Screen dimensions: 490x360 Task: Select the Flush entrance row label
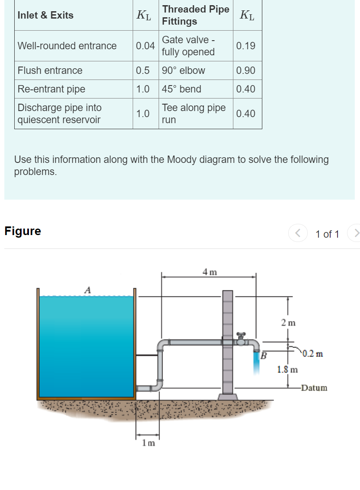pos(50,70)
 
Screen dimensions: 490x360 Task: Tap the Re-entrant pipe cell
pos(51,89)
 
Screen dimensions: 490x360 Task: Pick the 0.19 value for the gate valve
pos(246,46)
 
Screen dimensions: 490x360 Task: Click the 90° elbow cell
pos(184,70)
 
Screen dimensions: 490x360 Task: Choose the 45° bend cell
pos(182,89)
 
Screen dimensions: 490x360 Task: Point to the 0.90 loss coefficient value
pos(246,70)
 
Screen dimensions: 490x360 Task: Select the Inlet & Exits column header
pos(45,15)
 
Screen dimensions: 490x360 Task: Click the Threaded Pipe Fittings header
pos(195,15)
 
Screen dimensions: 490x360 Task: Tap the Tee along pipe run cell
pos(194,114)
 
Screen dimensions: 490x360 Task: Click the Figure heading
pos(22,231)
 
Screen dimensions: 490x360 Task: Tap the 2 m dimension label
pos(288,322)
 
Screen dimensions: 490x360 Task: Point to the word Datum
pos(314,388)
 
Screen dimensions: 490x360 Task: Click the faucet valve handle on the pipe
pos(241,335)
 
